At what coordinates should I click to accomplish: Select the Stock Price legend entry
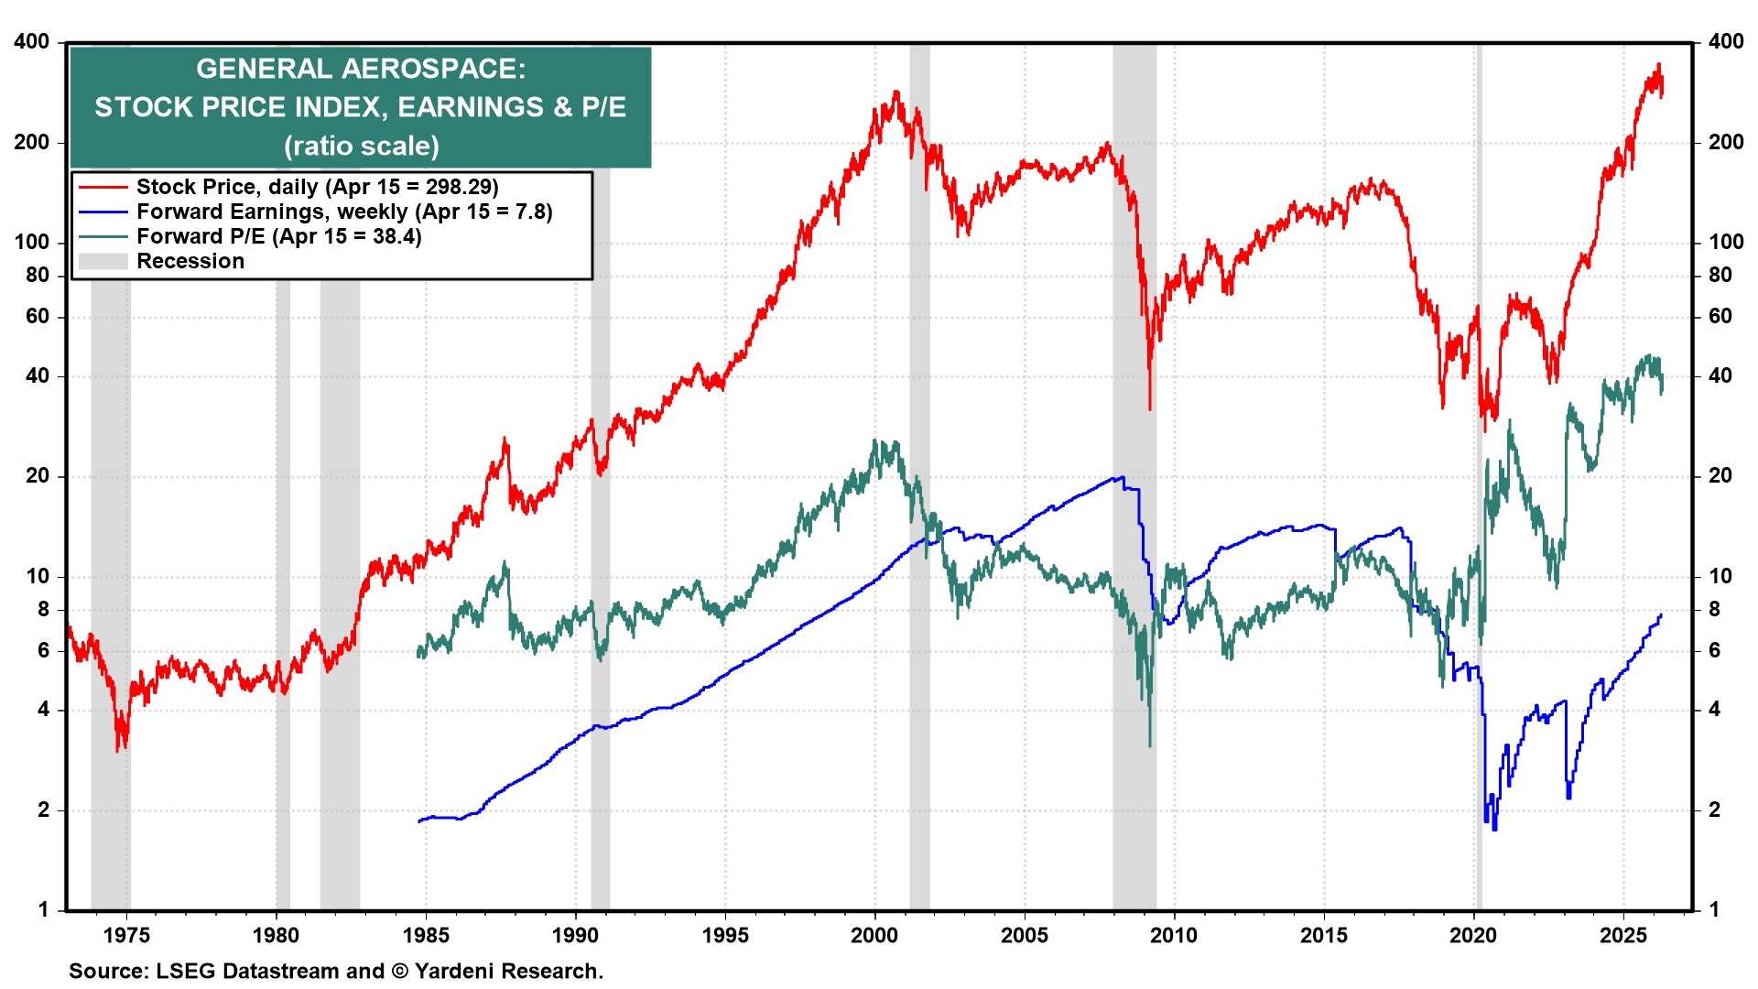317,187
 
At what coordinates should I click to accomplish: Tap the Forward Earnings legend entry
344,212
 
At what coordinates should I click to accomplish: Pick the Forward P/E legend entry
278,236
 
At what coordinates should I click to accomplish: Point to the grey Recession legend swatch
103,261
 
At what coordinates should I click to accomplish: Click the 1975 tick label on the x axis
127,935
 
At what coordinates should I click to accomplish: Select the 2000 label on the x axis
874,935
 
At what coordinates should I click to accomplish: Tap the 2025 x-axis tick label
1623,935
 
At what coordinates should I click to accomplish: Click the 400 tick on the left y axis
32,42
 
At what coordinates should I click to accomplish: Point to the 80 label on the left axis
38,275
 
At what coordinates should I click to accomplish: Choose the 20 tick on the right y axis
1720,475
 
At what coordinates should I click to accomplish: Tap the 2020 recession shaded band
1479,549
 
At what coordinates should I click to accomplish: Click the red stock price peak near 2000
895,92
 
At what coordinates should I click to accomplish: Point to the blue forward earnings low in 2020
1494,828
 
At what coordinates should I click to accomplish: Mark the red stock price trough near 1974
117,749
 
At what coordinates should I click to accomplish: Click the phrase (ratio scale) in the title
362,146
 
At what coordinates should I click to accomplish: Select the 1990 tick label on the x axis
576,935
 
